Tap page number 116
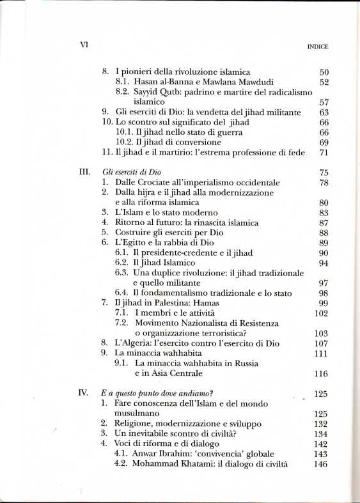[x=320, y=374]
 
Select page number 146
[x=320, y=463]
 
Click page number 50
[x=322, y=72]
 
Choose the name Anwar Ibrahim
[x=162, y=454]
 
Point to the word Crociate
[x=153, y=182]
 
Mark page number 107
[x=320, y=343]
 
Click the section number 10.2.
[x=123, y=142]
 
